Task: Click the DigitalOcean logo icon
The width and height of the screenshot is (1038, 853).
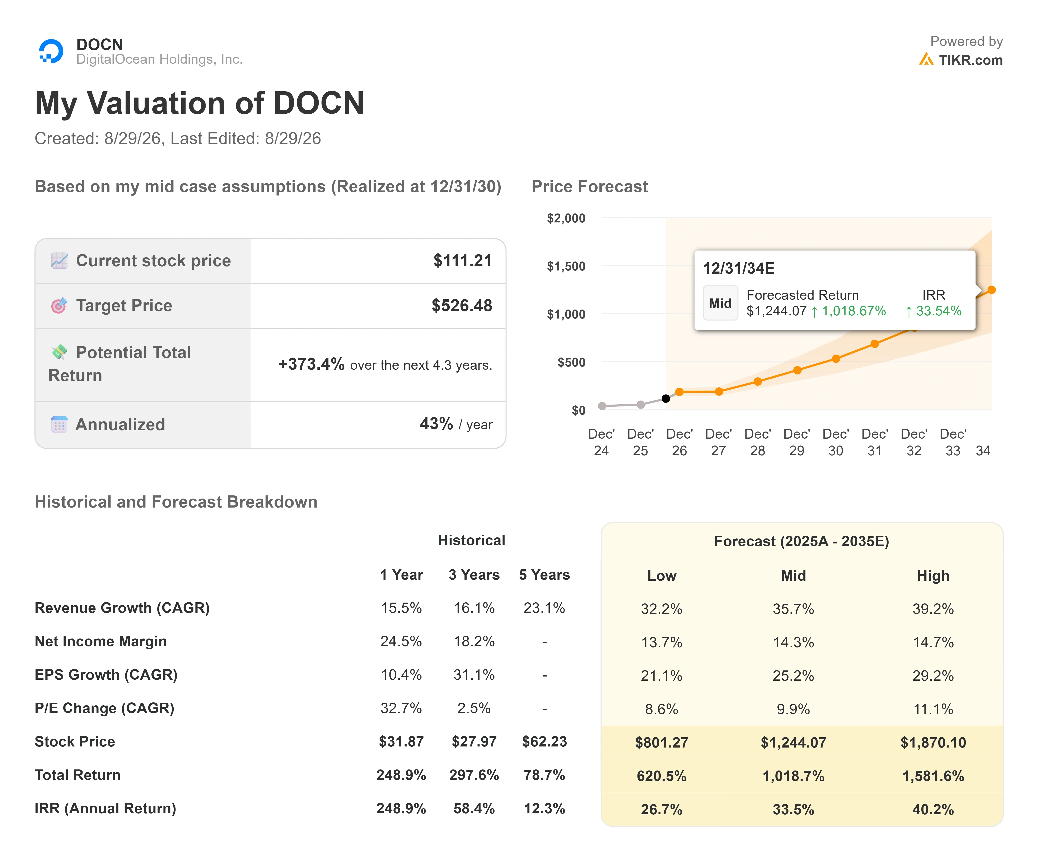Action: click(x=51, y=51)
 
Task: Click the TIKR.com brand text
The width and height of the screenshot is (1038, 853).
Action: click(x=971, y=60)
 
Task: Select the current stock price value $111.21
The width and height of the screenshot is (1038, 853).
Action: click(x=462, y=260)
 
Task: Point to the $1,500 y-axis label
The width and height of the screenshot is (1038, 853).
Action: click(x=566, y=266)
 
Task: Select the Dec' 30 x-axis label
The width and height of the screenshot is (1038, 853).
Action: click(x=836, y=442)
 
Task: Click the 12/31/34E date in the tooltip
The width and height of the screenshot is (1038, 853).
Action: click(x=739, y=268)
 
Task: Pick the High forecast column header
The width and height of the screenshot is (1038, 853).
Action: click(x=933, y=576)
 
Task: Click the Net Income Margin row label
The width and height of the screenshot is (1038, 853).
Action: click(x=101, y=641)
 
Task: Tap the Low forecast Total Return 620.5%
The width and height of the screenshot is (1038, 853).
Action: click(x=661, y=776)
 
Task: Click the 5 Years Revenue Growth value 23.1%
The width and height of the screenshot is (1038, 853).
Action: click(x=544, y=608)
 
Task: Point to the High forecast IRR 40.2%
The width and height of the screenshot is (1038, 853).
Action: click(x=933, y=809)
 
